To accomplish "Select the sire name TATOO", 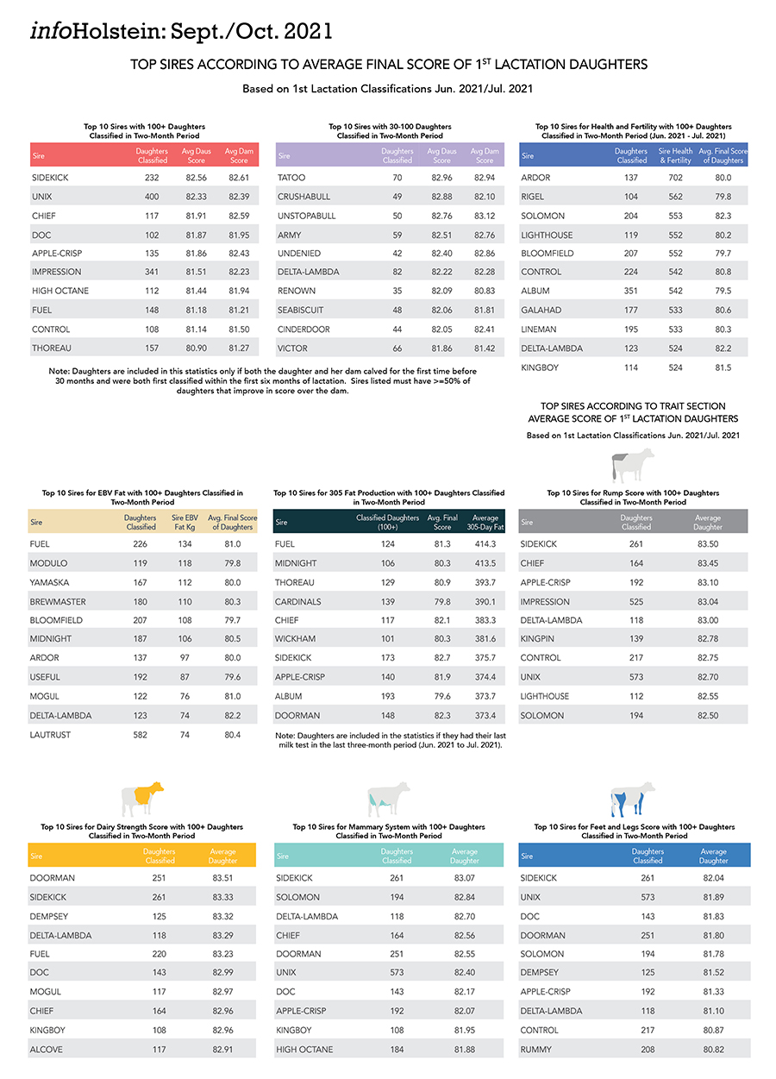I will [x=291, y=178].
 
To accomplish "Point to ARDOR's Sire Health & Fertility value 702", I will [x=675, y=178].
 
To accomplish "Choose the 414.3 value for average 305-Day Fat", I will [x=485, y=544].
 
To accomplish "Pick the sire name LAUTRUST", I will [x=50, y=735].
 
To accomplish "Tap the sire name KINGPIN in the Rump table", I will [x=539, y=639].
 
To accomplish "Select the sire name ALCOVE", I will [x=47, y=1050].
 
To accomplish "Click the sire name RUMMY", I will [x=536, y=1050].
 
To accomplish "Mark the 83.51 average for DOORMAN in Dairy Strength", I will [x=222, y=878].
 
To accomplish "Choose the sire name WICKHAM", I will [x=296, y=639].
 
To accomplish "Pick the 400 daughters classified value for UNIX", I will [x=153, y=197].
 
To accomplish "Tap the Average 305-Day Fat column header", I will [x=485, y=522].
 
